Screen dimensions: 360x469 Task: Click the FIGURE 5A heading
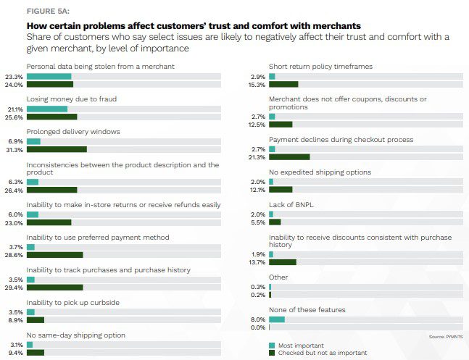37,12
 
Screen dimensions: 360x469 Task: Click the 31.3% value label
14,150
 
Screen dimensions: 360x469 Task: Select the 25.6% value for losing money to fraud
14,117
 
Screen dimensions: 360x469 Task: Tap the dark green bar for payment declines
290,157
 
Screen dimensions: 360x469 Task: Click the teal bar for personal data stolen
49,76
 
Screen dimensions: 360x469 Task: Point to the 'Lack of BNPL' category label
292,205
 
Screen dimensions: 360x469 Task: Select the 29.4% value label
14,288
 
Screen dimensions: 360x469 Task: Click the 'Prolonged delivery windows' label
73,131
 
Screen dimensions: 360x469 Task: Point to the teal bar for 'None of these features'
277,319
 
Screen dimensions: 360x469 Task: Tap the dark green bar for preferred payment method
55,255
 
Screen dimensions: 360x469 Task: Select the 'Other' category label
278,277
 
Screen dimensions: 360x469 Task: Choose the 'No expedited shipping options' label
320,172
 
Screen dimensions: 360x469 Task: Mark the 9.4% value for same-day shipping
14,353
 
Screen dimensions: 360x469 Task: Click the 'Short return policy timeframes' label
320,67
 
